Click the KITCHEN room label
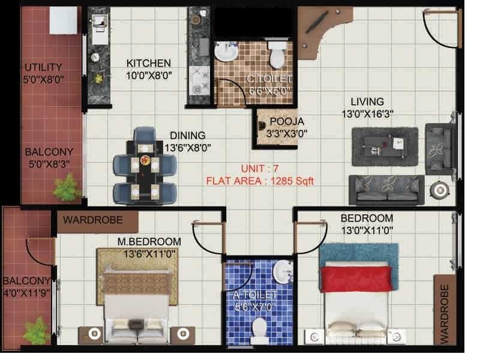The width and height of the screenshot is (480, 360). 148,63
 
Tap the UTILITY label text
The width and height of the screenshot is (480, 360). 43,67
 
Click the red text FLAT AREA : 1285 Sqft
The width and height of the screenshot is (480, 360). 260,180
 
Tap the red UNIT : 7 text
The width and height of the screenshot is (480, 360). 260,168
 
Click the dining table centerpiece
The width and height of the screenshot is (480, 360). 144,160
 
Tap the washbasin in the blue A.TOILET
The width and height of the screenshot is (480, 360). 282,272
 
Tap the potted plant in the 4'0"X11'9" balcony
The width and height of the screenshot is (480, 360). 35,331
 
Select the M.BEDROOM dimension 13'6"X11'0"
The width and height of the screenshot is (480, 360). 149,253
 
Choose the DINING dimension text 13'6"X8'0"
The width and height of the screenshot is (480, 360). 187,147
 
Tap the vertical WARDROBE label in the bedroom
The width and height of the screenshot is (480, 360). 445,314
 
